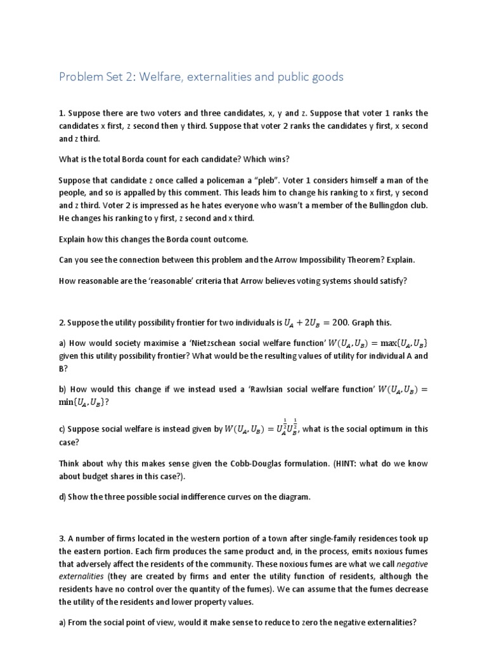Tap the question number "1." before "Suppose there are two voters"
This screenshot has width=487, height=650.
(x=62, y=113)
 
